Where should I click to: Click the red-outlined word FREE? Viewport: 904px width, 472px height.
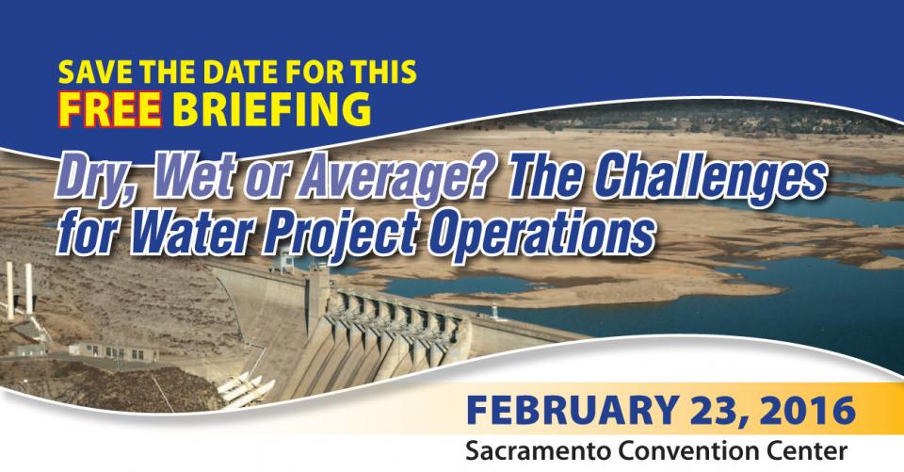pos(110,109)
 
